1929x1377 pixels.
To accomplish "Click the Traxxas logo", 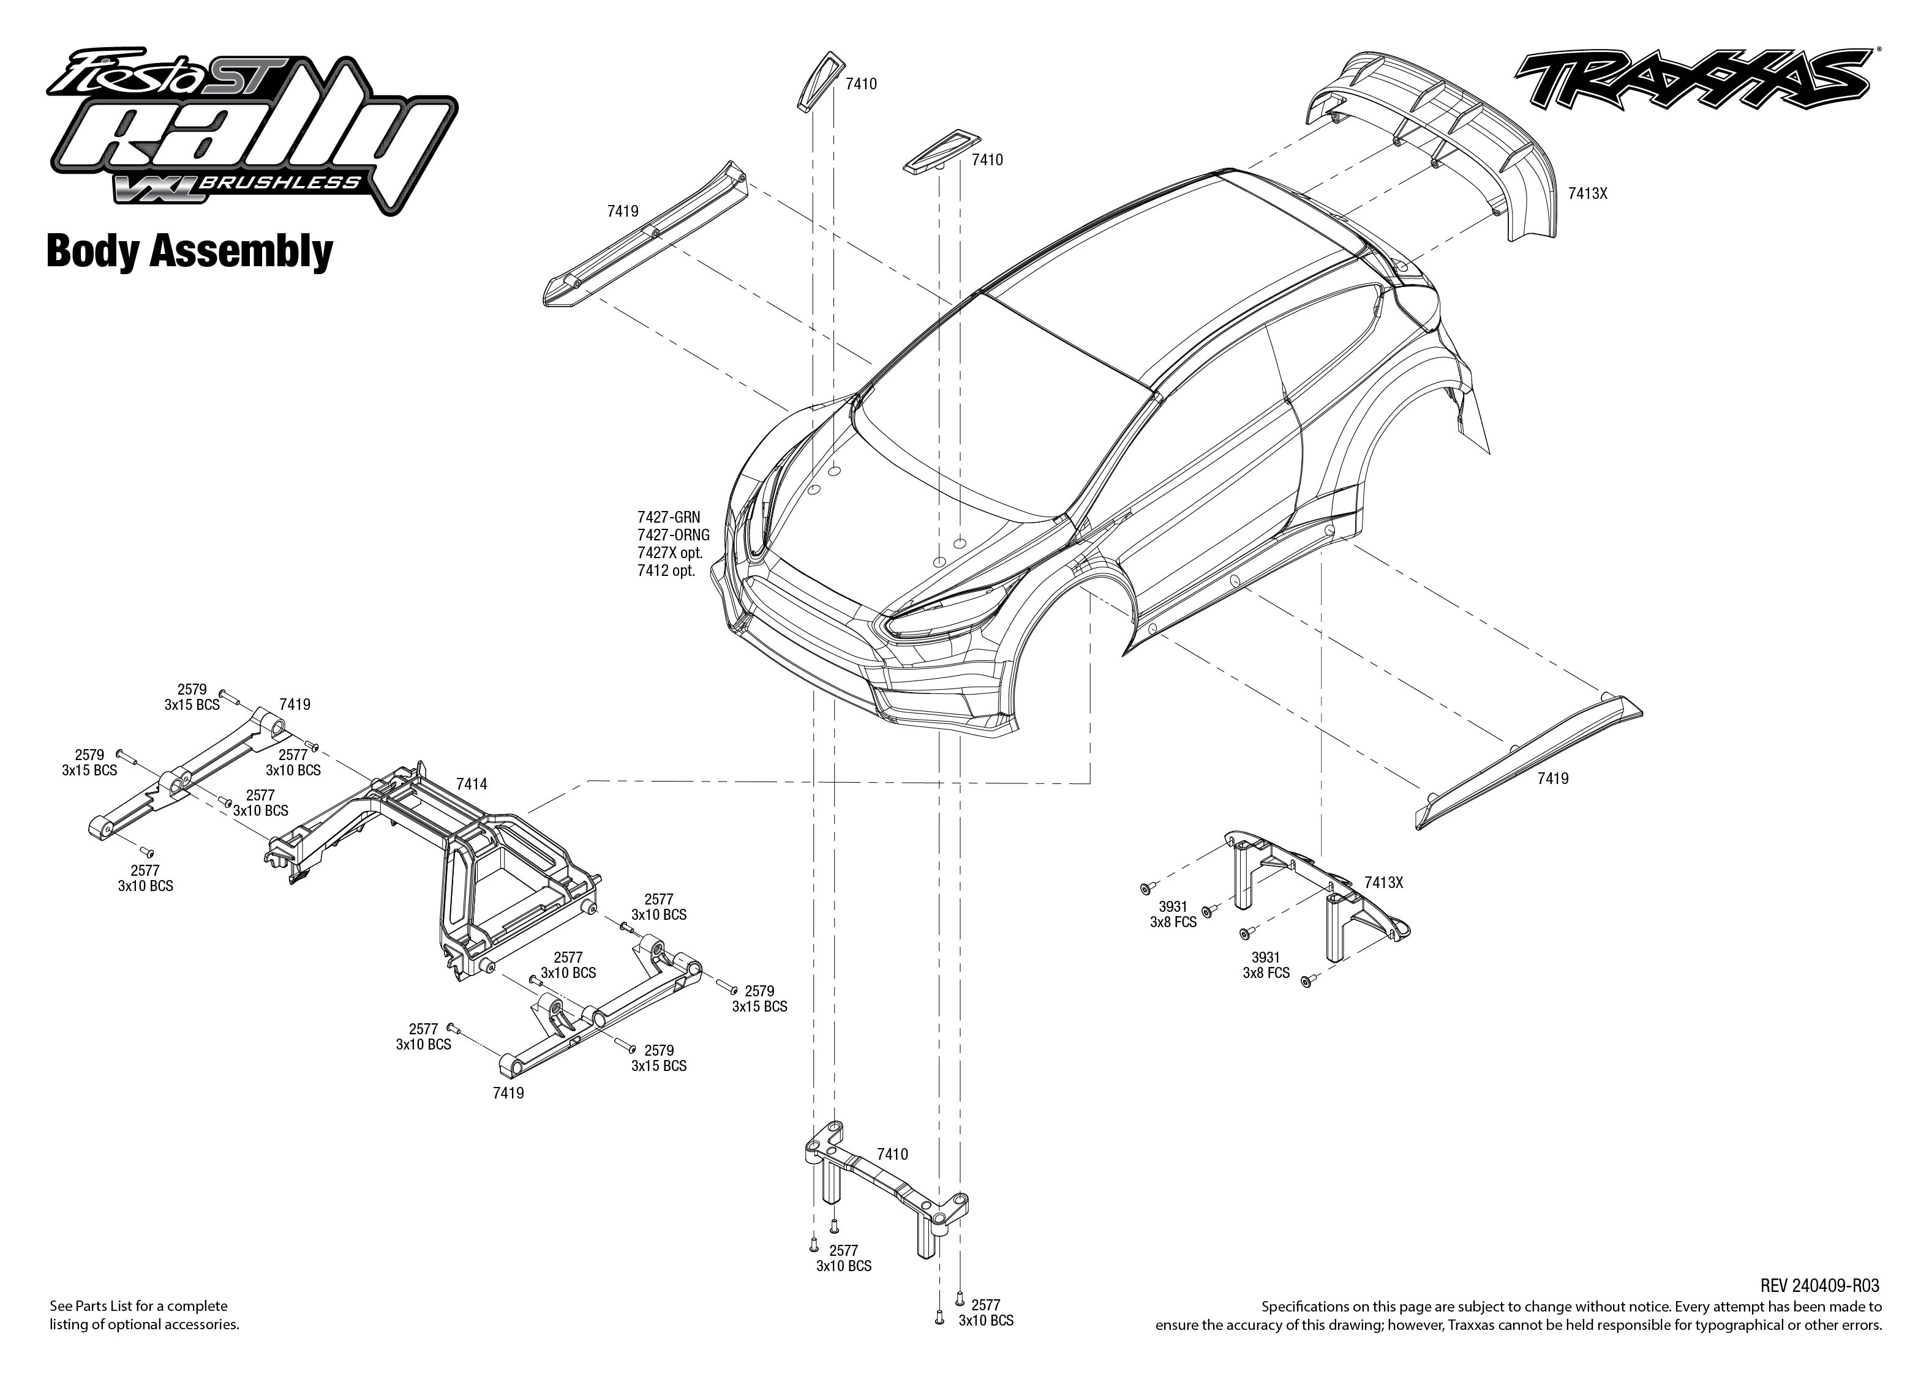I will (x=1693, y=81).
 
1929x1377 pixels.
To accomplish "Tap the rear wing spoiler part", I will (x=1434, y=136).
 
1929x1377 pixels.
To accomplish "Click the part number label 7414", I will (x=472, y=785).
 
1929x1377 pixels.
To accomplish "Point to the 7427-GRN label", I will (x=669, y=517).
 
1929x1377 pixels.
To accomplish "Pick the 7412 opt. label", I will (x=666, y=570).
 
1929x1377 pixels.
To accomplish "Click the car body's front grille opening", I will (x=814, y=611).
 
